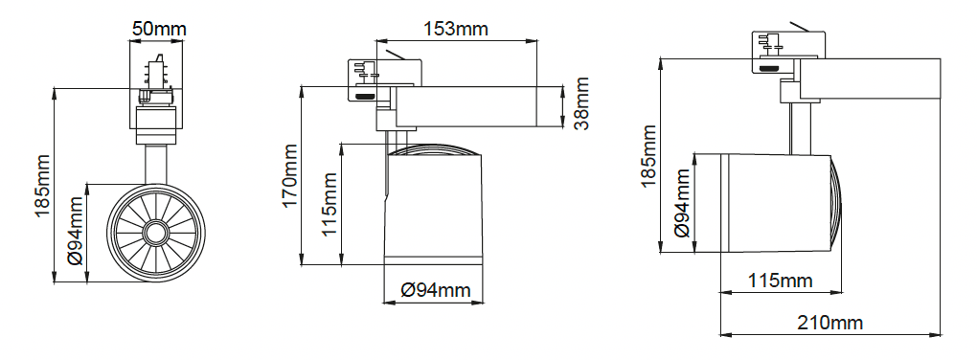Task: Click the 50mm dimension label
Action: coord(159,29)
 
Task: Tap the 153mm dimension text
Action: coord(456,29)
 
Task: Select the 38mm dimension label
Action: coord(581,102)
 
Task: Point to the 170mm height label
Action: coord(291,175)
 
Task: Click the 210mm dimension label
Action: coord(829,323)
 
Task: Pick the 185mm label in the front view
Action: coord(42,186)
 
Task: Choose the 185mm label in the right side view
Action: coord(648,156)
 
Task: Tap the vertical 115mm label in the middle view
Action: coord(329,204)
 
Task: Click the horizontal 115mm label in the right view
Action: coord(780,281)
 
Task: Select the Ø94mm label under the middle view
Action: coord(435,290)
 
